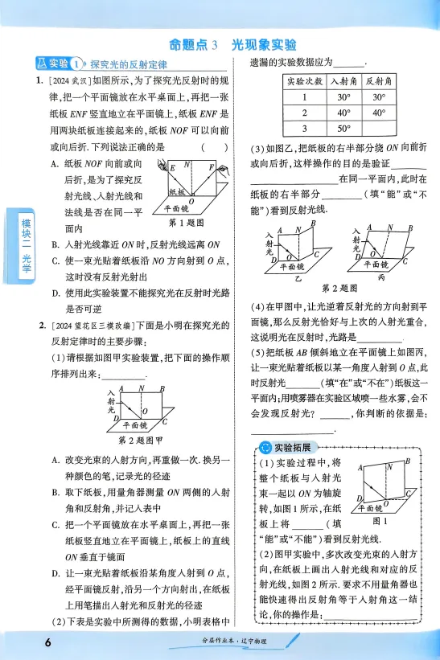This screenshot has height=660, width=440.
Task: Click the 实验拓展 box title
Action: (x=292, y=447)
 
